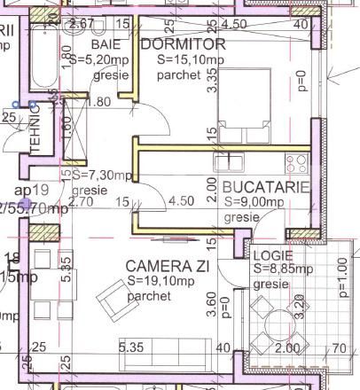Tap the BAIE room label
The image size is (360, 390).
click(x=106, y=44)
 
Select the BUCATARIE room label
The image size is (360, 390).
click(x=265, y=187)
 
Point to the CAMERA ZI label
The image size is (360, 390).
click(x=162, y=265)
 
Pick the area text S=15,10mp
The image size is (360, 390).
click(x=191, y=58)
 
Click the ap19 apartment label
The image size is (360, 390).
click(x=30, y=191)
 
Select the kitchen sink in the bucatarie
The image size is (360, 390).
click(x=233, y=163)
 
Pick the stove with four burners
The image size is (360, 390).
click(x=296, y=162)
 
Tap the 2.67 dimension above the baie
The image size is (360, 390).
click(x=82, y=23)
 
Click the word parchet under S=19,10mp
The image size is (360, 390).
click(x=156, y=296)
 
